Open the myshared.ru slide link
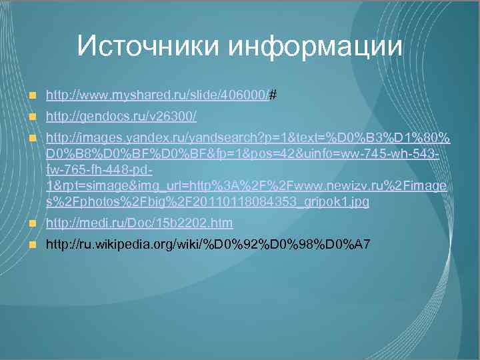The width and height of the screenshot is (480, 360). point(157,95)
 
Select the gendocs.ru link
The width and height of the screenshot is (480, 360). point(121,117)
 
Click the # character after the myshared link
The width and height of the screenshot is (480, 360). point(274,95)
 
